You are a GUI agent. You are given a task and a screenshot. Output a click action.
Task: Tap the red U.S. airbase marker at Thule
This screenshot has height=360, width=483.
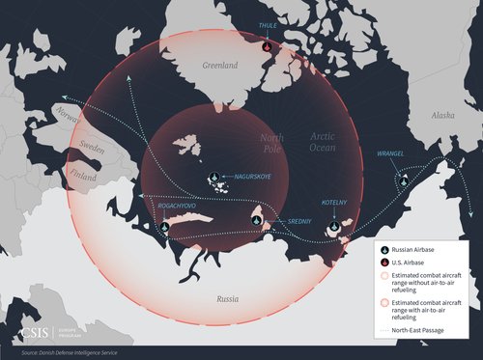click(268, 44)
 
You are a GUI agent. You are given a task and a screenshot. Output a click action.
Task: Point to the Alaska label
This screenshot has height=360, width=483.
click(441, 115)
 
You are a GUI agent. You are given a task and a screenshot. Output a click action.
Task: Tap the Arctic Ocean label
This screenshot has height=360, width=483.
click(336, 145)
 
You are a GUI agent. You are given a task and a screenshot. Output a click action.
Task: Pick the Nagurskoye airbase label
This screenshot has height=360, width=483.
click(246, 176)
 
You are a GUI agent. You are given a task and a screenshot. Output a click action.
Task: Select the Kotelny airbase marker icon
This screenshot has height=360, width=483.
click(335, 227)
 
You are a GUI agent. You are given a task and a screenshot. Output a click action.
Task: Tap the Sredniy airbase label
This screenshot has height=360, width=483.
click(280, 221)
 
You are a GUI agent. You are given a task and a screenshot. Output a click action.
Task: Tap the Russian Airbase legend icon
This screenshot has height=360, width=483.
click(384, 248)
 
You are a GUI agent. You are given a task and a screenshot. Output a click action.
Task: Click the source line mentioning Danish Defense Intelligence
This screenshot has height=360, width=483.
click(68, 352)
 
